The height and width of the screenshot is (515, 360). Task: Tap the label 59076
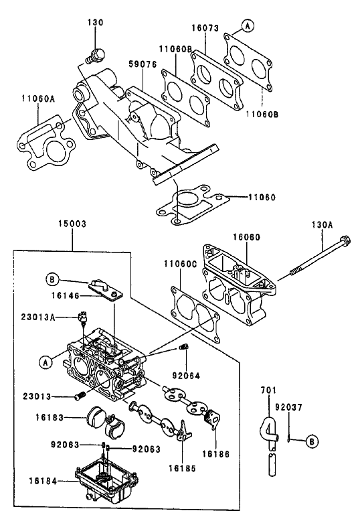click(142, 65)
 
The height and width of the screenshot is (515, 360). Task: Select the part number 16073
click(204, 29)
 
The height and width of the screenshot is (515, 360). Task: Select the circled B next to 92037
click(311, 441)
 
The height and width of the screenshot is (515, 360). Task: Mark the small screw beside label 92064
click(185, 346)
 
